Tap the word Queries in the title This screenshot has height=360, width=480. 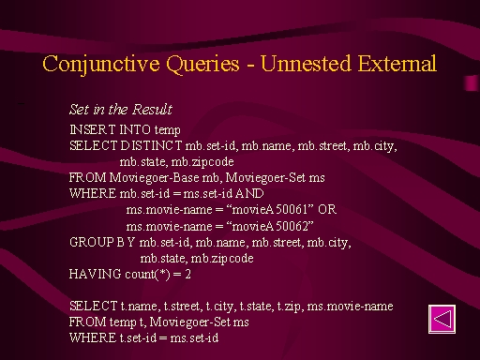pos(202,64)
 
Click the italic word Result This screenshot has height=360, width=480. pos(152,109)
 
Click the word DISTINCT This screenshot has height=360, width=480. pos(151,145)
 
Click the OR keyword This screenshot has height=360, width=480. pos(327,209)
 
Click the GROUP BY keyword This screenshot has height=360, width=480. pos(102,242)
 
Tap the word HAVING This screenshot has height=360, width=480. pos(95,274)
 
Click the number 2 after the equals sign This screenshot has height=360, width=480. pos(187,274)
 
